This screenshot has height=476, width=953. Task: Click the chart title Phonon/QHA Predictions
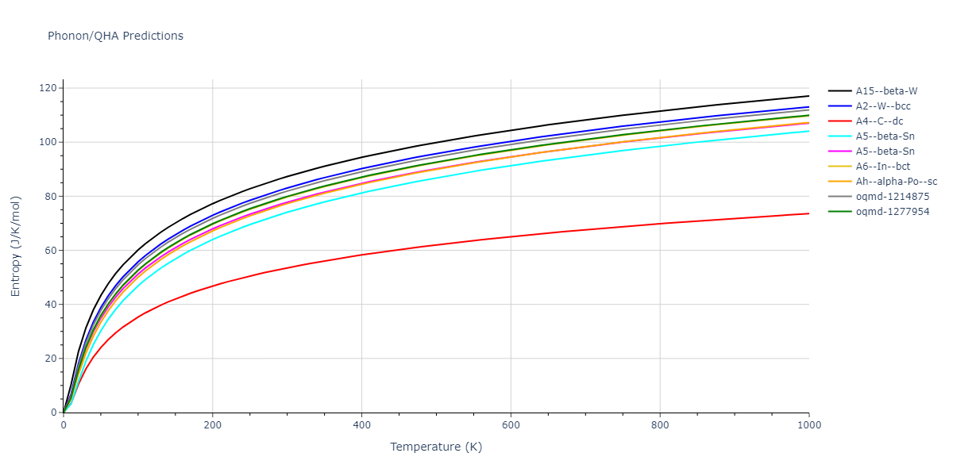point(115,36)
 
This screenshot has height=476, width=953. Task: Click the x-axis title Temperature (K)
point(436,447)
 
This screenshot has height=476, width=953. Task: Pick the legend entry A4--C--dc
point(879,121)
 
